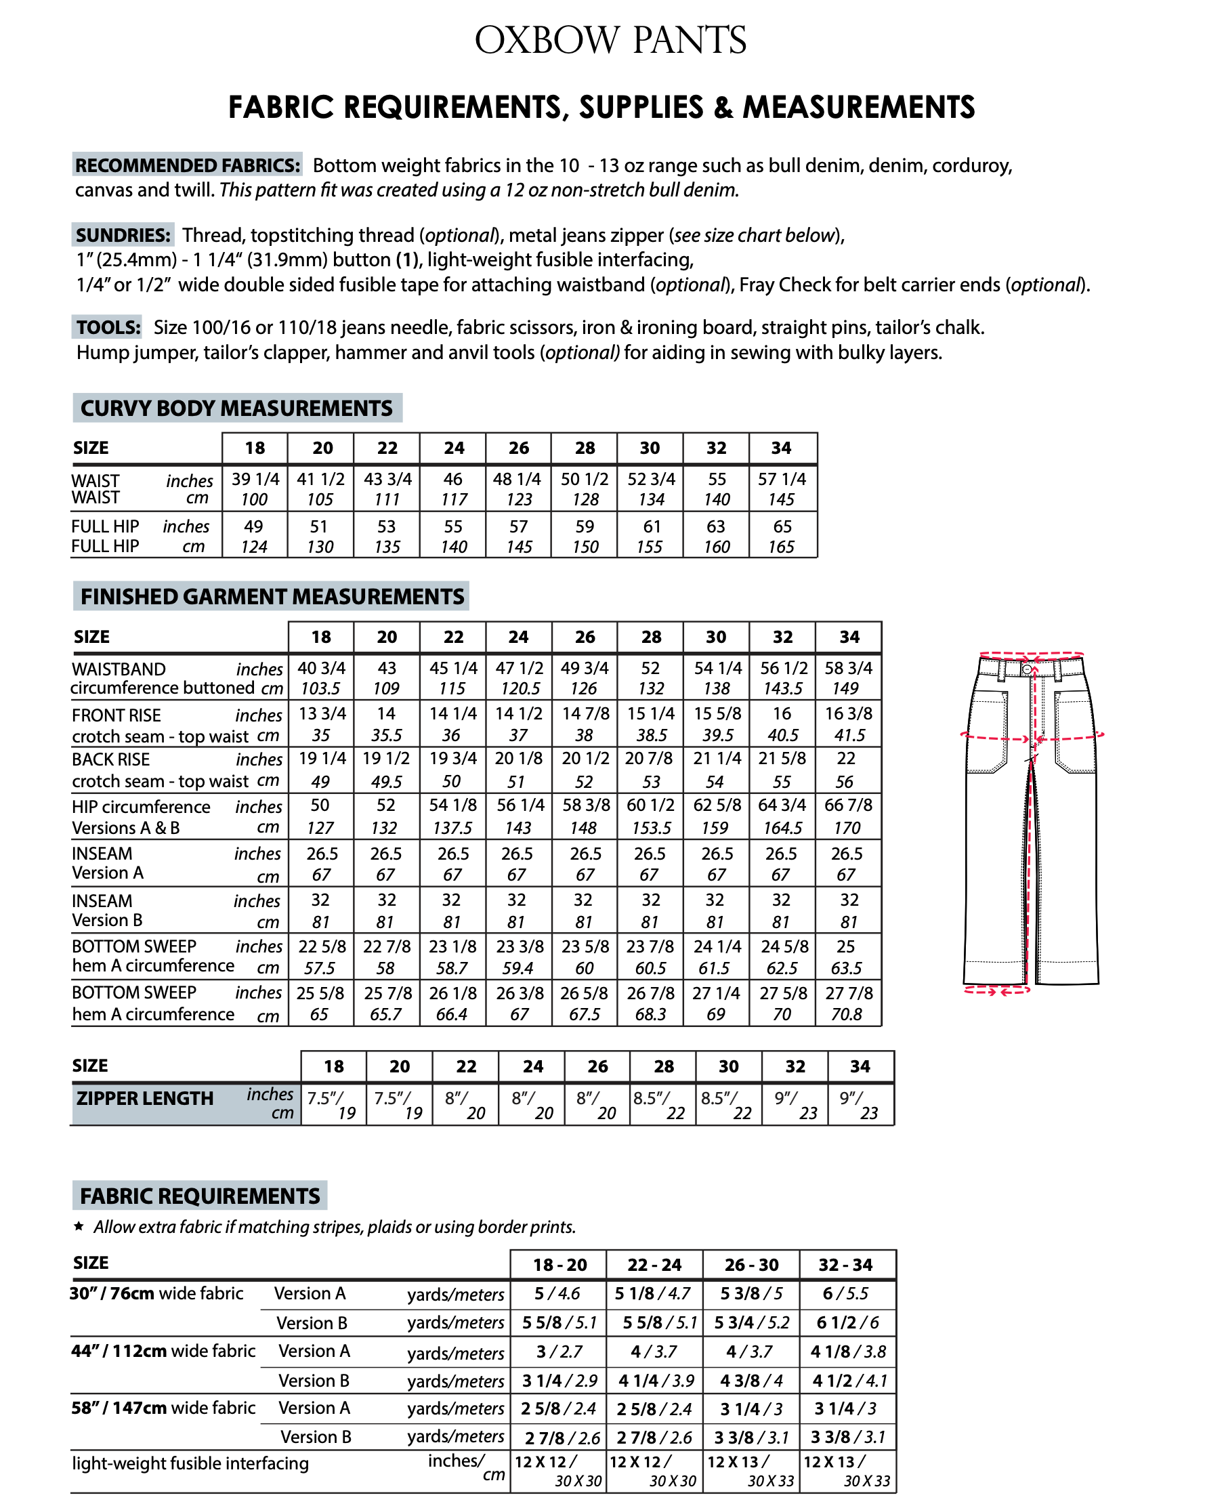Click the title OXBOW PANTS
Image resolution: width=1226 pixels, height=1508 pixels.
click(x=610, y=40)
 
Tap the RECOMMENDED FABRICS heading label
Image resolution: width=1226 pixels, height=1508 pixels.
click(x=188, y=165)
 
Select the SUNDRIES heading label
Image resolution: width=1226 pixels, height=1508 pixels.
click(x=123, y=235)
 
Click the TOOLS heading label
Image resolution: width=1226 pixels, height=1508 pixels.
click(x=109, y=328)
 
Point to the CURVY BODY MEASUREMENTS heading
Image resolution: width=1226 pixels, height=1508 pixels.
click(x=236, y=409)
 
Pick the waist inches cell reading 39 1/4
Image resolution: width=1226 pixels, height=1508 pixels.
click(x=255, y=479)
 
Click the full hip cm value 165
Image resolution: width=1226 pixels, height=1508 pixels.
click(x=781, y=547)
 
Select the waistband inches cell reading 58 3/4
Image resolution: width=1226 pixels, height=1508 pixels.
click(x=848, y=668)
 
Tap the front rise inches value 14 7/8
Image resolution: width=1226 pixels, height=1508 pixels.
click(x=585, y=713)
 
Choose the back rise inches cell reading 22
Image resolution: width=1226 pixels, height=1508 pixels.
click(x=846, y=759)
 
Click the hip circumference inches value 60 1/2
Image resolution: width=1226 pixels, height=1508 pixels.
click(x=650, y=805)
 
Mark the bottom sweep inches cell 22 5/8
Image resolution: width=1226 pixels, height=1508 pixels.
click(x=321, y=946)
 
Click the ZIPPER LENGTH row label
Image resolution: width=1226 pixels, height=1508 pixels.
click(x=145, y=1098)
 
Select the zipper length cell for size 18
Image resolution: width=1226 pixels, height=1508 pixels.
click(x=333, y=1104)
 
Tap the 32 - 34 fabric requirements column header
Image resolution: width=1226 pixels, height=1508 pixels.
click(x=846, y=1265)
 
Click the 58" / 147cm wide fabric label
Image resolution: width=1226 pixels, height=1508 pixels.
click(x=163, y=1408)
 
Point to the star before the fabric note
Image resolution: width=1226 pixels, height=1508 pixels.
click(x=79, y=1226)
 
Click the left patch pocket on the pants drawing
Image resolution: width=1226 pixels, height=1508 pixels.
click(x=989, y=734)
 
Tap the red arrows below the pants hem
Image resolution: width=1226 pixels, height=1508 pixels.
click(x=997, y=991)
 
